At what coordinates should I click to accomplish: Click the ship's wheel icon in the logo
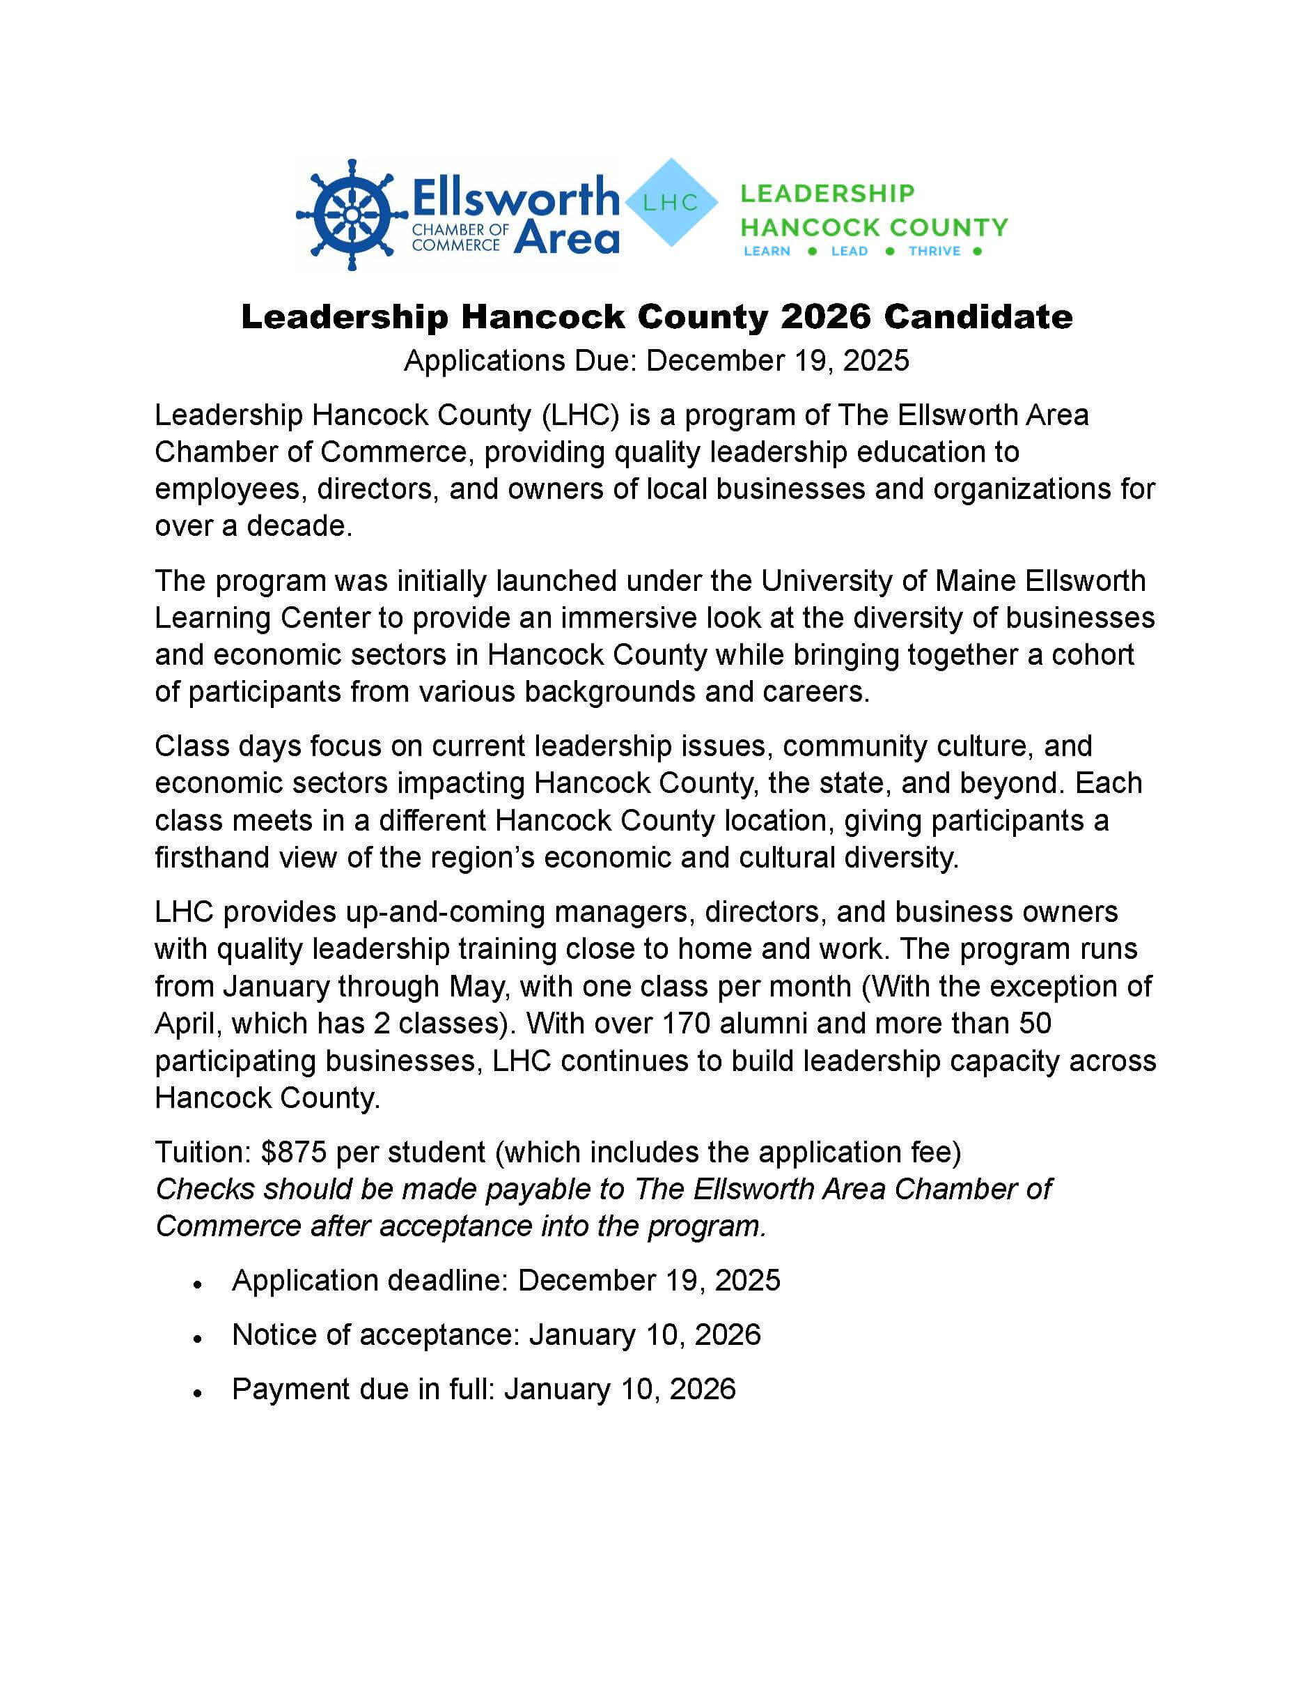click(352, 215)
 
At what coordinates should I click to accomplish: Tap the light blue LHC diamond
click(671, 203)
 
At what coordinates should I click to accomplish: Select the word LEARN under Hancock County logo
click(767, 252)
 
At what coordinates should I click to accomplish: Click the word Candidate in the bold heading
click(978, 317)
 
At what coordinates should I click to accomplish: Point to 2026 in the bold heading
click(826, 317)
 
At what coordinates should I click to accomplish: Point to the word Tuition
click(203, 1153)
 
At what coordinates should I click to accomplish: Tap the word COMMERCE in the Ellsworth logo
click(456, 245)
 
